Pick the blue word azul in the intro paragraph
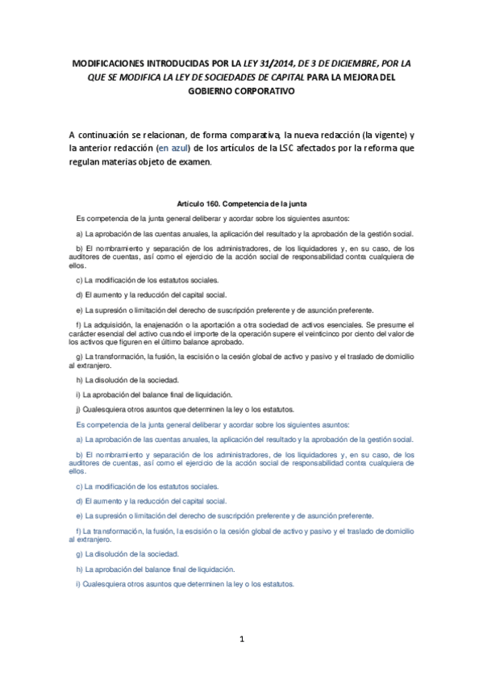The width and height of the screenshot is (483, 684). pyautogui.click(x=198, y=148)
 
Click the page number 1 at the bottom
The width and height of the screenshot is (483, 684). pyautogui.click(x=241, y=639)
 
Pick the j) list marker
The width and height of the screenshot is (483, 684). pyautogui.click(x=77, y=409)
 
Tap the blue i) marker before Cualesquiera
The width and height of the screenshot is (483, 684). pyautogui.click(x=77, y=584)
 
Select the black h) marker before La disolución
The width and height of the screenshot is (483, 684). pyautogui.click(x=77, y=380)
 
